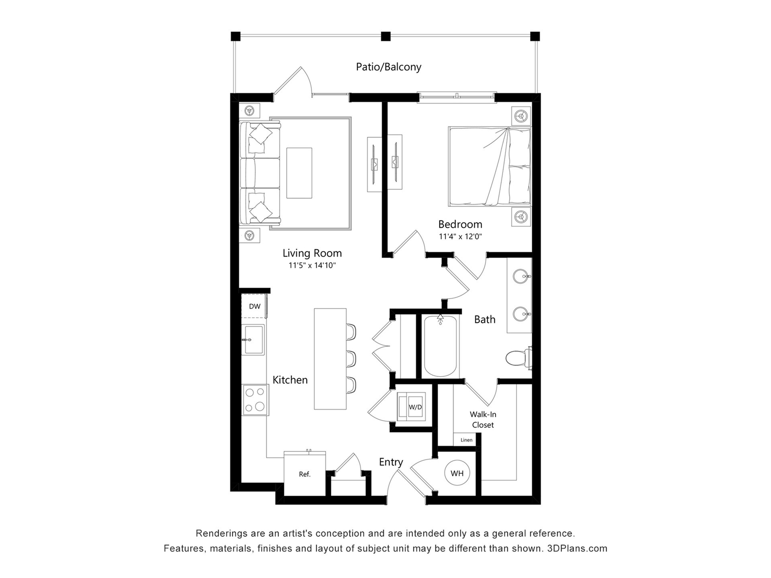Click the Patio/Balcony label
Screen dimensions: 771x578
[x=388, y=67]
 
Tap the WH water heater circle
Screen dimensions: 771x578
[x=457, y=473]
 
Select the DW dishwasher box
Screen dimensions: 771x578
[x=254, y=306]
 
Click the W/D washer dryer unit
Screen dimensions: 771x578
[x=411, y=406]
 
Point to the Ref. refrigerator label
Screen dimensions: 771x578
[x=305, y=474]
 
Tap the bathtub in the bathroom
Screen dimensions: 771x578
[x=440, y=346]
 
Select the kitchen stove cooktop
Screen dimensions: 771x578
[x=255, y=400]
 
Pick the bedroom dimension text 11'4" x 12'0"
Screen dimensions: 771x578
[x=460, y=236]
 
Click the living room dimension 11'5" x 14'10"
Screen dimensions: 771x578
[x=312, y=265]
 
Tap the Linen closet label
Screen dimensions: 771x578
[x=466, y=440]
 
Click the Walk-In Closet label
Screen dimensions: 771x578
[x=483, y=419]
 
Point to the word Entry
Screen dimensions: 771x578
[x=391, y=462]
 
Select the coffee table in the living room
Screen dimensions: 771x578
[x=299, y=173]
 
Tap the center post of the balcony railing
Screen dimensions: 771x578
[x=385, y=37]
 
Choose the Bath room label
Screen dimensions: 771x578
[x=485, y=320]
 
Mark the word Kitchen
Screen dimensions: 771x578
[x=290, y=380]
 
